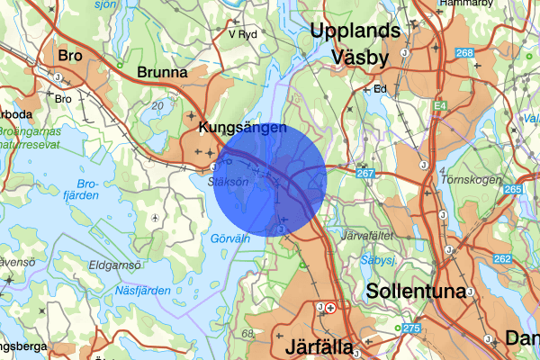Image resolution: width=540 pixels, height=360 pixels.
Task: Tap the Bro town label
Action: (69, 56)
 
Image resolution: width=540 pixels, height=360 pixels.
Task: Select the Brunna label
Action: (162, 71)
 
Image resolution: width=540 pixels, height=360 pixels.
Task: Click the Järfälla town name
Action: (320, 346)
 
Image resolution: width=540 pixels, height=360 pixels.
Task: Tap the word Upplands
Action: (355, 31)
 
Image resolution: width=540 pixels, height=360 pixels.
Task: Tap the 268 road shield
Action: (464, 53)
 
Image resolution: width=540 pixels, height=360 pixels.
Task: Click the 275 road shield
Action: (411, 328)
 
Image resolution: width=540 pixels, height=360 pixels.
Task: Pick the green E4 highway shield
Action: (439, 106)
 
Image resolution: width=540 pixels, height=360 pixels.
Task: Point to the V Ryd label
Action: (243, 34)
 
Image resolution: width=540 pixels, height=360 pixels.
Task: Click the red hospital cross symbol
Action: (331, 308)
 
